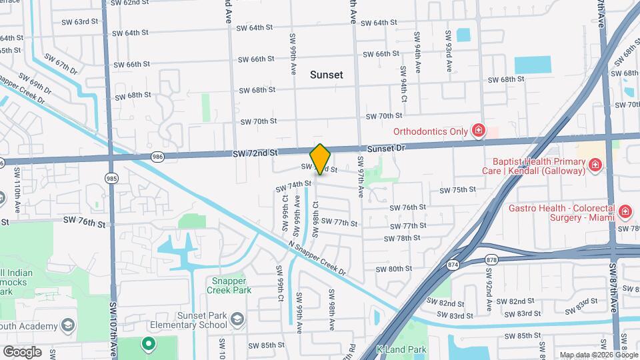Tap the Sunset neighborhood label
(327, 75)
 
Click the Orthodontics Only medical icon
(478, 131)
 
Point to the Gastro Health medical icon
(625, 213)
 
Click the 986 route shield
(157, 157)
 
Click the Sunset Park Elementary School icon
(236, 321)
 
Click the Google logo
(22, 351)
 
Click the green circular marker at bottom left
(147, 345)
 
